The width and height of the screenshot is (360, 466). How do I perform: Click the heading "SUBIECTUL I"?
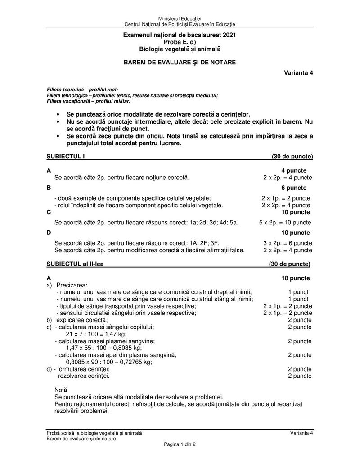click(x=66, y=157)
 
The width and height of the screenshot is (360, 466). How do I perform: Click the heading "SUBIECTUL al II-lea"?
click(x=75, y=264)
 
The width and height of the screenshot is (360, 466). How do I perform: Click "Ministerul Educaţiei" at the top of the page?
click(x=180, y=17)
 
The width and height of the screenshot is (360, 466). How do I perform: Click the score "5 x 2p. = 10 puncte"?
click(x=285, y=222)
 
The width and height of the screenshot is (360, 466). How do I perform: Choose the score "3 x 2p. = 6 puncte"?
click(x=288, y=243)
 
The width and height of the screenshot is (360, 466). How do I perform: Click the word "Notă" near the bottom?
click(x=60, y=390)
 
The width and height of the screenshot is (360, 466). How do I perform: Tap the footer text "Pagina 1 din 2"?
click(x=180, y=444)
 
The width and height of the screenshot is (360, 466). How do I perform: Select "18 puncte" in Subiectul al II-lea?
click(x=295, y=278)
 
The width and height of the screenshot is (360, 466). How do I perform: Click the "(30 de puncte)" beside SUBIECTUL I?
click(x=292, y=157)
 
